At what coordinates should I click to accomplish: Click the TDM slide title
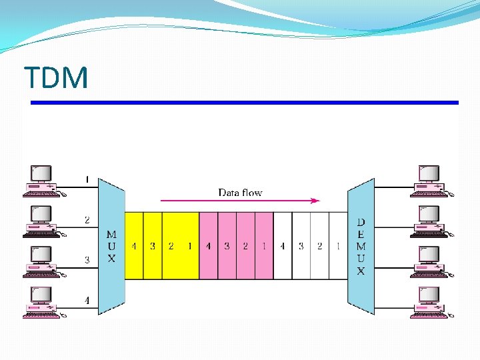[56, 78]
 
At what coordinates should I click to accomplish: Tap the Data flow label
[240, 193]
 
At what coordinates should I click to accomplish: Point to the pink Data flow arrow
[240, 200]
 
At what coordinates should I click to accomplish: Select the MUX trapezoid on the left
[111, 246]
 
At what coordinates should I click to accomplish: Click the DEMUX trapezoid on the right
[361, 246]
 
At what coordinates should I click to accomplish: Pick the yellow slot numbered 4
[134, 246]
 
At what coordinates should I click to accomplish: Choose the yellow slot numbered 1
[190, 246]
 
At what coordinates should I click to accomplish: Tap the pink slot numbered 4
[208, 246]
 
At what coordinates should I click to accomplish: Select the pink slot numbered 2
[245, 246]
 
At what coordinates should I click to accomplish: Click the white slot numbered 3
[301, 246]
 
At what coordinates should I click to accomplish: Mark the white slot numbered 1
[338, 246]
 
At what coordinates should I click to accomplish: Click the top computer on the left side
[41, 181]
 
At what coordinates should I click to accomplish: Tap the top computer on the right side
[428, 181]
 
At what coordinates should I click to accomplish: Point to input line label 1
[87, 179]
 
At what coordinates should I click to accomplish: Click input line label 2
[87, 219]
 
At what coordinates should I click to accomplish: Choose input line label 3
[87, 260]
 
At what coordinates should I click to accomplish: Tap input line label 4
[87, 301]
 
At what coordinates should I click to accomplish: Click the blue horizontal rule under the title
[245, 103]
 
